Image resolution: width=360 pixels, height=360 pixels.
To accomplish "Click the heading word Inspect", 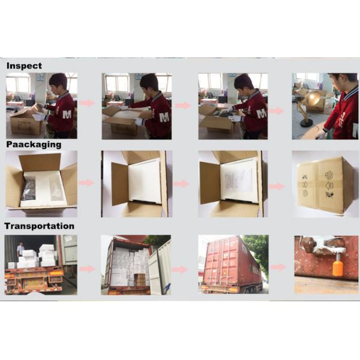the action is (x=24, y=66).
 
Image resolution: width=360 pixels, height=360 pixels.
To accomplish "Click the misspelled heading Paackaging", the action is (x=34, y=145).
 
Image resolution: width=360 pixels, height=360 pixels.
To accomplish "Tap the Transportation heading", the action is (x=39, y=226).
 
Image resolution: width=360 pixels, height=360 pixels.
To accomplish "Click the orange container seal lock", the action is (x=338, y=268).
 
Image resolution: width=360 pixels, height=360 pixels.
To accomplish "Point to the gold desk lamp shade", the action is (x=314, y=98).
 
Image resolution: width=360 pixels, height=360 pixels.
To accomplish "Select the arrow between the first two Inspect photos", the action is (x=87, y=103).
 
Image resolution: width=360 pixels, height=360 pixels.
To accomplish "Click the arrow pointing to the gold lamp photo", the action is (x=276, y=111).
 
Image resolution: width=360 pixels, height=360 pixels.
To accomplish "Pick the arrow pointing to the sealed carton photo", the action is (x=277, y=187).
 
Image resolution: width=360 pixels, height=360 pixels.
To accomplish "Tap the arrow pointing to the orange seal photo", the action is (x=278, y=267).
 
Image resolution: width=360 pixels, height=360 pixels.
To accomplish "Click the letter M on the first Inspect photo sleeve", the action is (x=67, y=114).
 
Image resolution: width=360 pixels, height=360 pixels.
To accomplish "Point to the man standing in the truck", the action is (x=20, y=250).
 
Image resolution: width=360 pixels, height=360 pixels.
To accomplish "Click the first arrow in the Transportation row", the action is (x=88, y=269).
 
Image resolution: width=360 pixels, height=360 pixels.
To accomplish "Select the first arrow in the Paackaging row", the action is (x=86, y=183).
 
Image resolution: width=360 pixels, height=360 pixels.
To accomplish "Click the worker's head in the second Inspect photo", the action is (x=149, y=83).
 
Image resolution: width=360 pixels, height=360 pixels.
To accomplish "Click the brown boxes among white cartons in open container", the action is (x=139, y=280).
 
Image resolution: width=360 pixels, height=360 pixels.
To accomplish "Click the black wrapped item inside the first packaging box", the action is (x=29, y=188).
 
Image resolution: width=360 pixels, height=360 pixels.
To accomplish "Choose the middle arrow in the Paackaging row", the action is (x=181, y=184).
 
